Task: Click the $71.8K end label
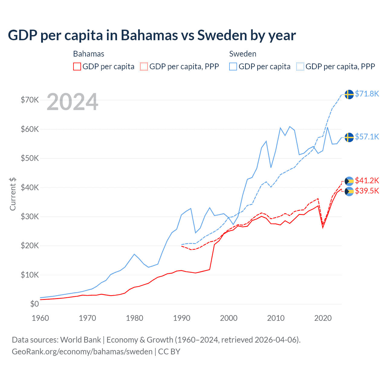pos(367,94)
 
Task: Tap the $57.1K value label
pos(367,137)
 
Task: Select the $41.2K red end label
pos(367,181)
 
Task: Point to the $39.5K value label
pos(367,191)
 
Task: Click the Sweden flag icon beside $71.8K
pos(349,94)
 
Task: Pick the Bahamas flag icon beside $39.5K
pos(349,191)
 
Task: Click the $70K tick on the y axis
pos(30,100)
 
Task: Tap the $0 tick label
pos(34,304)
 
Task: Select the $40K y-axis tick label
pos(30,187)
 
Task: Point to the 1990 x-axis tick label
pos(182,318)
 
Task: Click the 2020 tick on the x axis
pos(323,318)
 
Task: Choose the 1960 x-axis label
pos(40,318)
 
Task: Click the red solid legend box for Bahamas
pos(77,67)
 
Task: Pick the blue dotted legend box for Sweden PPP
pos(300,67)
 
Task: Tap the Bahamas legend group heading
pos(89,54)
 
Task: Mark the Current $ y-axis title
pos(13,194)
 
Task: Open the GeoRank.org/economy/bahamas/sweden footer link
pos(82,352)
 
